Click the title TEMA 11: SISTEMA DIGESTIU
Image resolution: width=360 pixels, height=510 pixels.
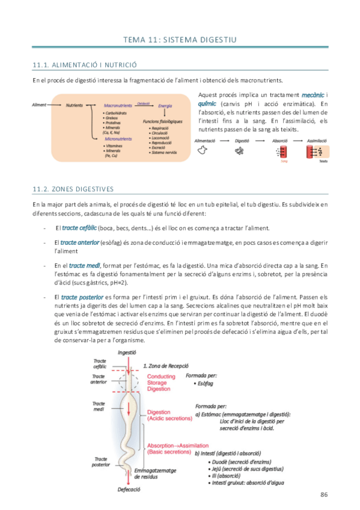click(180, 40)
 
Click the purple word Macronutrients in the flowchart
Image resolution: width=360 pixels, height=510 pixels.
click(117, 105)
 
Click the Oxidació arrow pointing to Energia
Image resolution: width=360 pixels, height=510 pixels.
click(144, 103)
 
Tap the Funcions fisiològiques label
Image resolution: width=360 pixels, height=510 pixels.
click(163, 121)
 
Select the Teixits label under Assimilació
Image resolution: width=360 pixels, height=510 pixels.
click(323, 161)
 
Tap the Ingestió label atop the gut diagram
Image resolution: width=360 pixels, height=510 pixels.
click(127, 353)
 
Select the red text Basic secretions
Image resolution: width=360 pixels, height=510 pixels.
click(166, 452)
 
